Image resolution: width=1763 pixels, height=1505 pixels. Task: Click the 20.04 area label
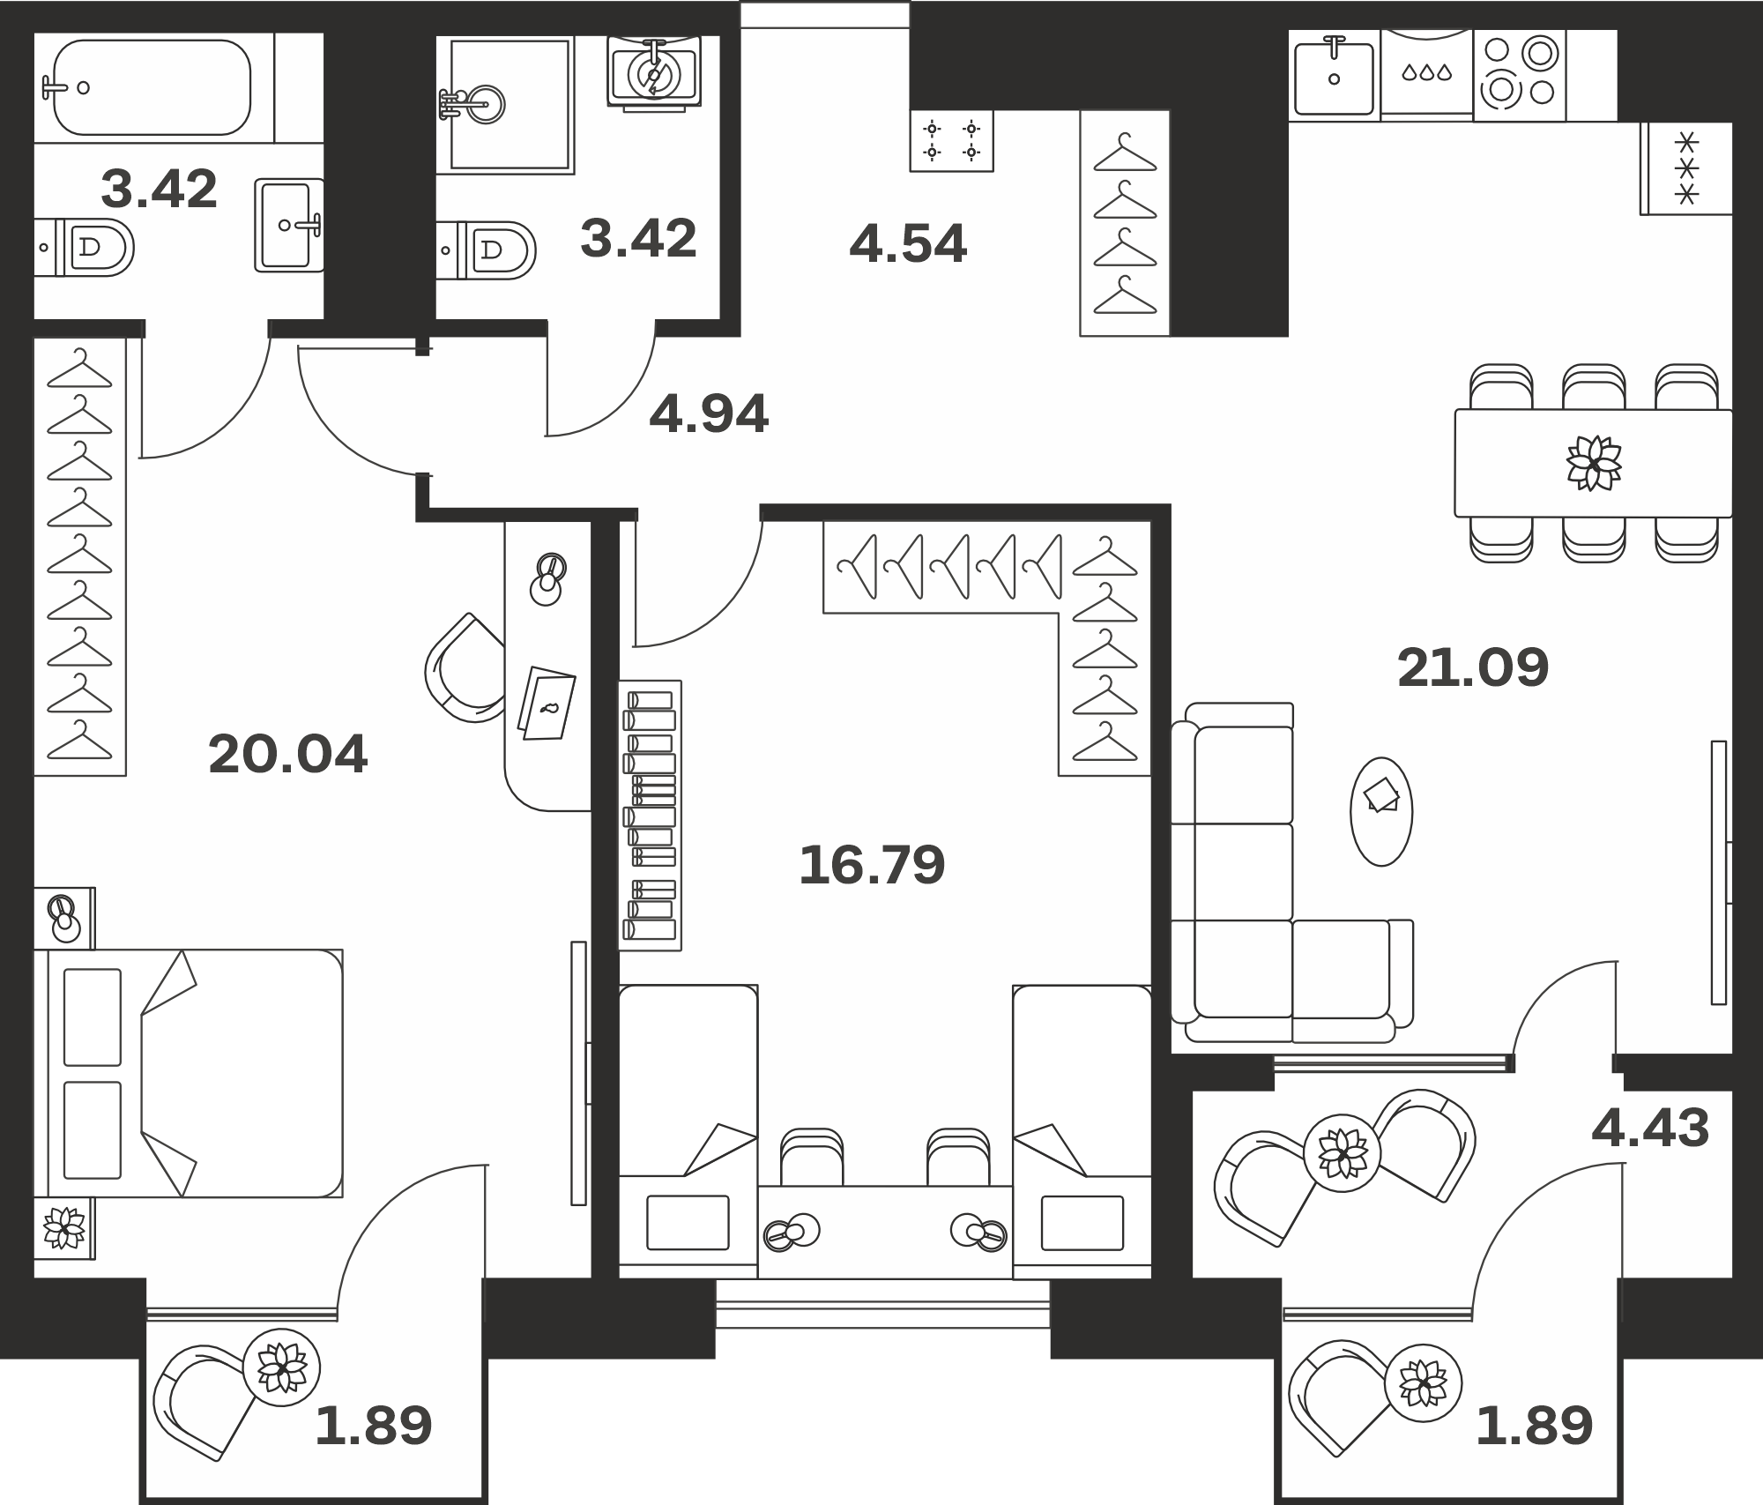tap(287, 755)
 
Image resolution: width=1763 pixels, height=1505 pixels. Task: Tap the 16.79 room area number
tap(872, 865)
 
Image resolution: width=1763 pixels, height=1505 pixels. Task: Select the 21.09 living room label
tap(1473, 667)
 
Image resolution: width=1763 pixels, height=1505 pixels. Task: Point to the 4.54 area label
tap(908, 243)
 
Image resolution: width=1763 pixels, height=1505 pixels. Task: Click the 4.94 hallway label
tap(709, 414)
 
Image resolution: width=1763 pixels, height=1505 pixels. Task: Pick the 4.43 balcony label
tap(1650, 1129)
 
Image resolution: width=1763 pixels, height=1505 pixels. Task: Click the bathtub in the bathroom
tap(152, 87)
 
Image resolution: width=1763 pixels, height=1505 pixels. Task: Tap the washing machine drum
tap(653, 74)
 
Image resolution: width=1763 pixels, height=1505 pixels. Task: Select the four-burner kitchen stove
tap(1519, 76)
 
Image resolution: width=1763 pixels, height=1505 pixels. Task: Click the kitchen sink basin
tap(1334, 78)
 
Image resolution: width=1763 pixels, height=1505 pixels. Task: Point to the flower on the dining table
tap(1594, 462)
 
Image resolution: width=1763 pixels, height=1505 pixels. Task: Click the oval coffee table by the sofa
tap(1381, 811)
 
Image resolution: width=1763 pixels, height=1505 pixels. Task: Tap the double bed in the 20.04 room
tap(189, 1073)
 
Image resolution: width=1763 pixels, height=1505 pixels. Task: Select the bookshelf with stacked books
tap(651, 815)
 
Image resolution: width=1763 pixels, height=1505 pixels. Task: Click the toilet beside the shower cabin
tap(487, 250)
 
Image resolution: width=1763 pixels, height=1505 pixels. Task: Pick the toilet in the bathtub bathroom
tap(85, 248)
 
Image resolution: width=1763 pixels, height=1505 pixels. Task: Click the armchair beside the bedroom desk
tap(465, 668)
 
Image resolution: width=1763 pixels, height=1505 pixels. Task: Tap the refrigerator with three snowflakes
tap(1686, 168)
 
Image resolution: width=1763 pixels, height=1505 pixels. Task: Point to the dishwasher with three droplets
tap(1426, 74)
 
